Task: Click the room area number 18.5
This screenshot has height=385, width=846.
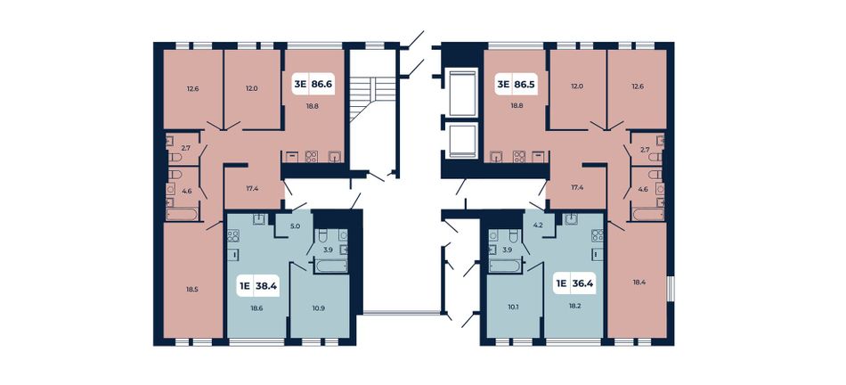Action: [x=192, y=290]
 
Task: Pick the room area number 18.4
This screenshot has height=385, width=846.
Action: [x=639, y=283]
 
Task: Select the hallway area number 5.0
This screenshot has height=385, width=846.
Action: [x=295, y=226]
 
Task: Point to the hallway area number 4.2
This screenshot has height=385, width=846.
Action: [x=537, y=226]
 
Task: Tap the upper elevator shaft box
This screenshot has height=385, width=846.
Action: [x=463, y=93]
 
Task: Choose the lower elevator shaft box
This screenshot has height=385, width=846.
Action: [x=463, y=141]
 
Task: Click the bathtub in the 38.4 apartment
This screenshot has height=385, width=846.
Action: [x=330, y=266]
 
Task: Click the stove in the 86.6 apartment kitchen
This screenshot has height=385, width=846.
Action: [x=312, y=156]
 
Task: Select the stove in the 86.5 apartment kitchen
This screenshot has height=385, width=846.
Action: [x=519, y=156]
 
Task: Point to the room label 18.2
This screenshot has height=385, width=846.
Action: [x=575, y=307]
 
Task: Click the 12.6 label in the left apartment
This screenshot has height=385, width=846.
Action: [x=193, y=88]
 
